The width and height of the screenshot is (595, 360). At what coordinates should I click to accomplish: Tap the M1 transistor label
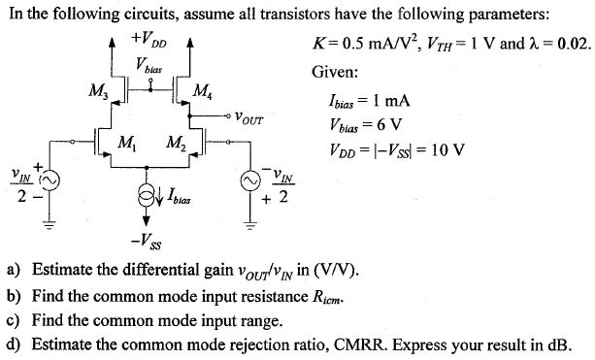tap(125, 145)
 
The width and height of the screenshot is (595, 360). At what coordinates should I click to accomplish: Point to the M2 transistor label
tap(176, 145)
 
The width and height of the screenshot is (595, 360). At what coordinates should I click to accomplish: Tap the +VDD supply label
tap(145, 44)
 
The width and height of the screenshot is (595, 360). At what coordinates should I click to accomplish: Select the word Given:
tap(335, 74)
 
